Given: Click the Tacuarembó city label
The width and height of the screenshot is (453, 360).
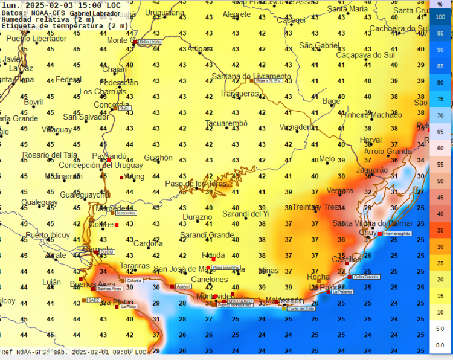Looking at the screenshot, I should pyautogui.click(x=226, y=124).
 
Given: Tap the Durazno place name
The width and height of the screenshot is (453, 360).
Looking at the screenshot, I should pyautogui.click(x=198, y=217).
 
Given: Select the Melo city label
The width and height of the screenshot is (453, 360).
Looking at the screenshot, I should pyautogui.click(x=327, y=159).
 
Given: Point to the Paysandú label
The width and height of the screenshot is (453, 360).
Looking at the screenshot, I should pyautogui.click(x=109, y=156).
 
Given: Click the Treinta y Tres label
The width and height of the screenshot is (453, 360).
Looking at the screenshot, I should pyautogui.click(x=316, y=207).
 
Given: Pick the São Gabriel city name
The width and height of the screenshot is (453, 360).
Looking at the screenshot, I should pyautogui.click(x=320, y=45).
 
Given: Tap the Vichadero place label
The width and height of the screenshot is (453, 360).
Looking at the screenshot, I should pyautogui.click(x=297, y=127).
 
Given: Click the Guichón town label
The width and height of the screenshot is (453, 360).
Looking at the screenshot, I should pyautogui.click(x=158, y=158).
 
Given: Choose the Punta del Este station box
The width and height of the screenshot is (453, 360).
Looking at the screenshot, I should pyautogui.click(x=302, y=309).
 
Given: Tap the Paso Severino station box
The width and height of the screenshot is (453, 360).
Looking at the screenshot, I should pyautogui.click(x=225, y=267).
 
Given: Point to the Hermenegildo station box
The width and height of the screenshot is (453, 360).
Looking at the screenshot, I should pyautogui.click(x=397, y=233).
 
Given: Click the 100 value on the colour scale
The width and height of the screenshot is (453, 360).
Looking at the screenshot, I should pyautogui.click(x=440, y=17).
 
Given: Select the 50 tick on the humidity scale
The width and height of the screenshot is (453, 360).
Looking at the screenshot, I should pyautogui.click(x=440, y=181).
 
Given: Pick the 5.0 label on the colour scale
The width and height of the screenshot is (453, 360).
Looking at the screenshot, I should pyautogui.click(x=440, y=328).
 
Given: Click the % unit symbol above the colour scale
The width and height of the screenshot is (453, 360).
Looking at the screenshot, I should pyautogui.click(x=440, y=5).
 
